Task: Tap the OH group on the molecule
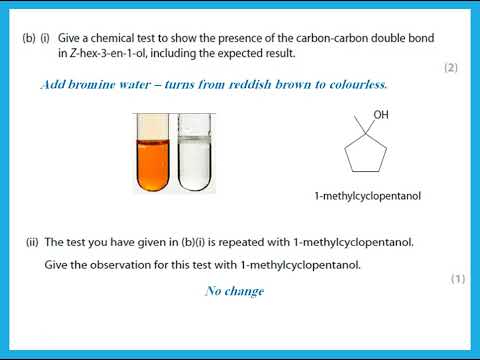(x=381, y=116)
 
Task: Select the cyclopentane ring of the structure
(x=364, y=154)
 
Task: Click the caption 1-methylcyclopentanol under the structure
(x=367, y=197)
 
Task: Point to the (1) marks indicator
(x=457, y=279)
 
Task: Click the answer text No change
(x=234, y=291)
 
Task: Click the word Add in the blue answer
(x=53, y=85)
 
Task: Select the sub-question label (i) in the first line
(x=45, y=38)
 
